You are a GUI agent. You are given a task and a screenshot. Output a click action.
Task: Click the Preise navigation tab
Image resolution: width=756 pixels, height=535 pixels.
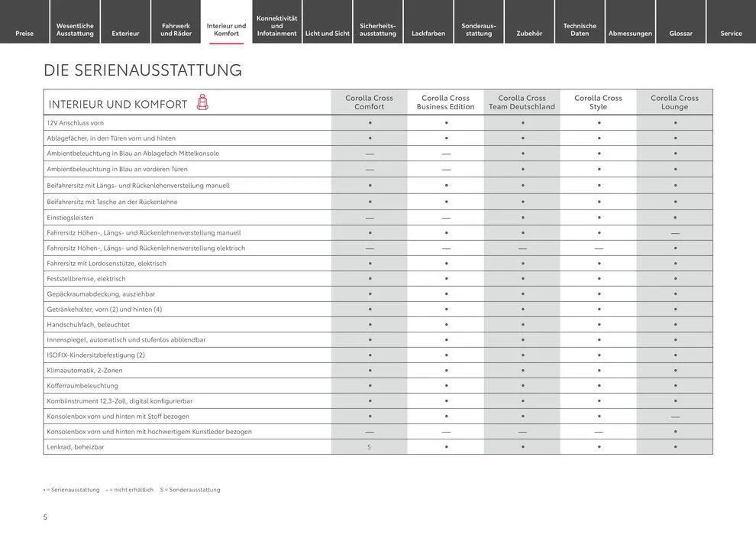24,33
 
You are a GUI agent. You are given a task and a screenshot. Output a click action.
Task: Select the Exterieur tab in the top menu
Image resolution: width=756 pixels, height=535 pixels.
125,33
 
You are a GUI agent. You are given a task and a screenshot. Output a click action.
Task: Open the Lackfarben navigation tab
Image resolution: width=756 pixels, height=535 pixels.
428,33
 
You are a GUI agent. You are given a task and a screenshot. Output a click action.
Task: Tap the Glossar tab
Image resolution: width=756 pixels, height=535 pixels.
680,33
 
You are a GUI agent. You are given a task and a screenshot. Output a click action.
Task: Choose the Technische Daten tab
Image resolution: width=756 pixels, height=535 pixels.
580,29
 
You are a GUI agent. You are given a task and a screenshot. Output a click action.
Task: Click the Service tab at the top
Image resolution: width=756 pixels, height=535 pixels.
731,33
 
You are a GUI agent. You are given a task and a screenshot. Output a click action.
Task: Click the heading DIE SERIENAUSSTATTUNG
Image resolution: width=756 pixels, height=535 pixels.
143,70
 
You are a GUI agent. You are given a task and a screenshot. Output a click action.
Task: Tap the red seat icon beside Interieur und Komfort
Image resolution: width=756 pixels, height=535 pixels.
202,102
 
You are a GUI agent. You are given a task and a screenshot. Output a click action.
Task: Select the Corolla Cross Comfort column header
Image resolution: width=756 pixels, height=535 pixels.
369,102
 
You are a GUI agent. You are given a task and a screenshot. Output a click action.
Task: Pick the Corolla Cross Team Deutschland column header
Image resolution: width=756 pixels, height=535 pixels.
522,102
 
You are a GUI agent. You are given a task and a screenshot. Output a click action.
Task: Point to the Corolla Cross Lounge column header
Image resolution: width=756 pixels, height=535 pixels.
674,102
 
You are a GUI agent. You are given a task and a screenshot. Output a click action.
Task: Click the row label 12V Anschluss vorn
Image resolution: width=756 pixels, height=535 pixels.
76,123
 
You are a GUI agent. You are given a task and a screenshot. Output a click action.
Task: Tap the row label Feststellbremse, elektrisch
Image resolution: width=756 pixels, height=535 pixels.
86,279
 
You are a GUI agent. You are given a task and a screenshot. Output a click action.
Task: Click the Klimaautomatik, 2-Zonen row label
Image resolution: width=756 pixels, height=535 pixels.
85,371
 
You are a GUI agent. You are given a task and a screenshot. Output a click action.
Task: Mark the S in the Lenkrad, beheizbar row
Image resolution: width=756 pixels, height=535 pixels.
369,447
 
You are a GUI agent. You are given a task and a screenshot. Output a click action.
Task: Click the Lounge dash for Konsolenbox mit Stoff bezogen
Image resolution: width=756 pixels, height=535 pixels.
675,417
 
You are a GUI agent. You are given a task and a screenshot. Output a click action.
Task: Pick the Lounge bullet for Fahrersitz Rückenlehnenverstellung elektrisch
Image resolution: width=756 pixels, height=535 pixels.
675,248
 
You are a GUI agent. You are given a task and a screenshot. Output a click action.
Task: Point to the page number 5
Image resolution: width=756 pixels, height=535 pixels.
45,517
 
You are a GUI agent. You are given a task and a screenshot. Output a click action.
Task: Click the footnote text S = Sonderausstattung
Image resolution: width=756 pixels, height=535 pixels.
190,490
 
